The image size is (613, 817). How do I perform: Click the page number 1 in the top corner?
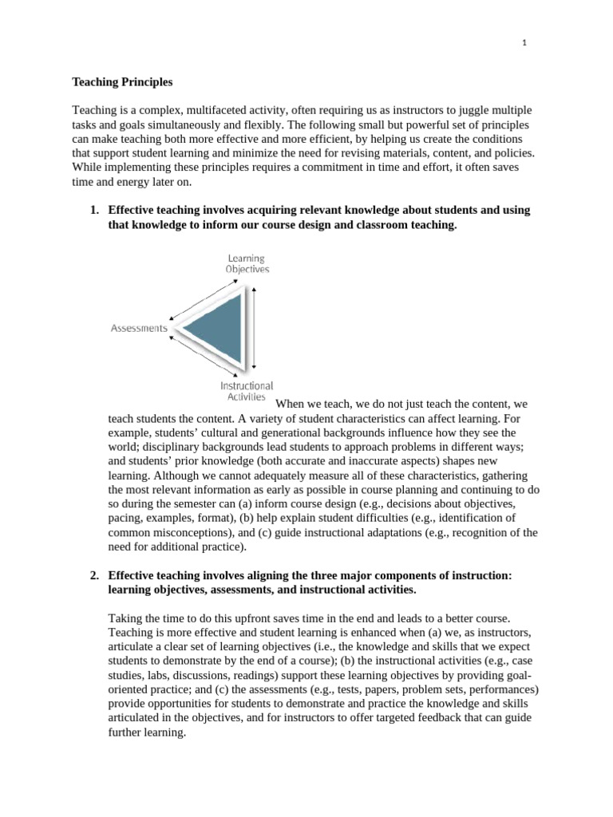(524, 44)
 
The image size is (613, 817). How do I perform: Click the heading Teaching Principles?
(122, 81)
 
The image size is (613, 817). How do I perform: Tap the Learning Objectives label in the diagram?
(247, 263)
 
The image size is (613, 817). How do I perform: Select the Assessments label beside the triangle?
(139, 328)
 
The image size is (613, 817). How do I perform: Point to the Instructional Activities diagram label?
(247, 390)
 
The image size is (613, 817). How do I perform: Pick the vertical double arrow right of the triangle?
(254, 327)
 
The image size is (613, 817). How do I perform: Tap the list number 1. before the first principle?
(93, 211)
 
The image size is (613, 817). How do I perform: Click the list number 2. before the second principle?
(93, 574)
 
